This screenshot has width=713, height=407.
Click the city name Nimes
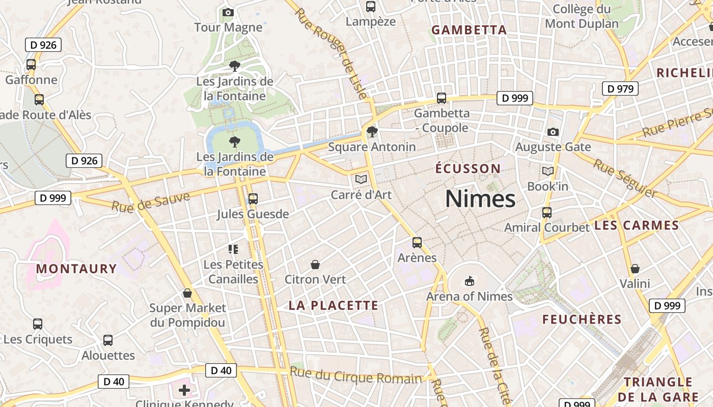click(x=480, y=198)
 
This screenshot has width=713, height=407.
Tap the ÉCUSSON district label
click(x=468, y=168)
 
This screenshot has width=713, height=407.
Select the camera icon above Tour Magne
click(x=228, y=12)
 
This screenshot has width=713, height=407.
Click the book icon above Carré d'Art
click(x=361, y=180)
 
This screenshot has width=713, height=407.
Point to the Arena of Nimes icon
click(x=469, y=281)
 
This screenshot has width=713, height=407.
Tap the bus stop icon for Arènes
click(x=417, y=243)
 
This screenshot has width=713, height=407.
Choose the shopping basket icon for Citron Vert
click(x=315, y=265)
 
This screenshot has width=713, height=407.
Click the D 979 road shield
click(x=620, y=89)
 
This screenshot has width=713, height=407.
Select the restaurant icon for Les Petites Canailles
click(x=233, y=249)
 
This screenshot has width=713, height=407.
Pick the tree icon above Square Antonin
click(x=372, y=132)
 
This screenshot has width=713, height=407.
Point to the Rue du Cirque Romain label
click(x=356, y=375)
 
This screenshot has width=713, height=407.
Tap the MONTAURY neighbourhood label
click(x=76, y=269)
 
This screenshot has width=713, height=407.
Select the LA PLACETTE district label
click(x=334, y=305)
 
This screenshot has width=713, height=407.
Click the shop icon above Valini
click(x=635, y=269)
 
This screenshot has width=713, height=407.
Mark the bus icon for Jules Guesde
click(x=253, y=199)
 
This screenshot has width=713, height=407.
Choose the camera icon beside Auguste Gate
click(x=553, y=132)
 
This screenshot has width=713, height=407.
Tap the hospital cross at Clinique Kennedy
click(x=184, y=391)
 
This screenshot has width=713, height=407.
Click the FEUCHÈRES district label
click(x=582, y=319)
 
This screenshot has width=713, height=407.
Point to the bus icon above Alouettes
click(x=108, y=340)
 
